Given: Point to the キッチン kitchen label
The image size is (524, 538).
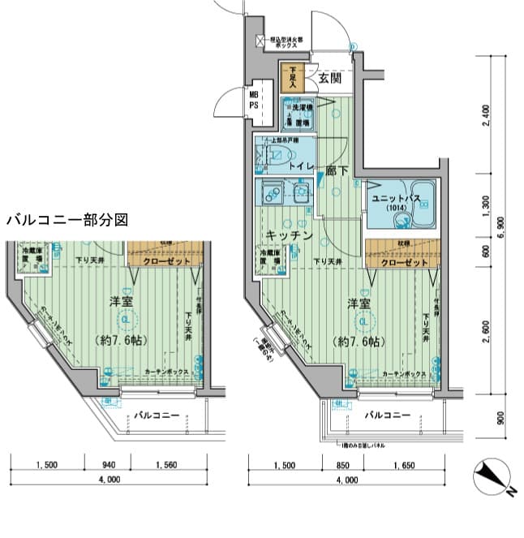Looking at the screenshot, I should click(288, 235).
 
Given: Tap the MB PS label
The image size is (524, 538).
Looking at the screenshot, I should click(254, 101).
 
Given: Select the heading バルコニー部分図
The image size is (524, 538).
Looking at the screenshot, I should click(67, 220).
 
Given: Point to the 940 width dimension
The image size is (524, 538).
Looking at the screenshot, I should click(110, 466).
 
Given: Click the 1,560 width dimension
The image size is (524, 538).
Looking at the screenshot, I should click(166, 466).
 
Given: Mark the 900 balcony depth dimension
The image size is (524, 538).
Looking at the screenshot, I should click(500, 419).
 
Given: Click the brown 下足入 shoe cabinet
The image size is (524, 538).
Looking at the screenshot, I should click(292, 78).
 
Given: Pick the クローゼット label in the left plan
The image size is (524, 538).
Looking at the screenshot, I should click(165, 260).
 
